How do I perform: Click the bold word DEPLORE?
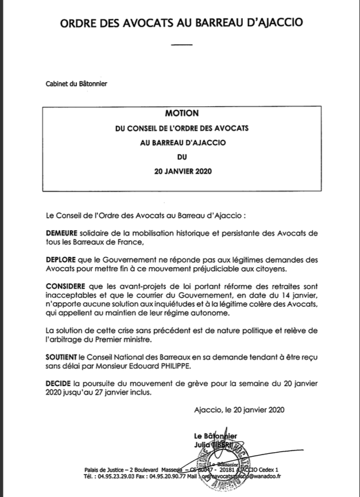61,259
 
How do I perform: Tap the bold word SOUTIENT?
62,356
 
